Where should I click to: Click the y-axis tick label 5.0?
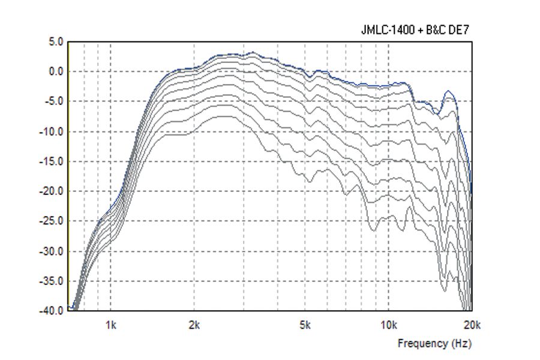(56, 42)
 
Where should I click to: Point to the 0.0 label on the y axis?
(56, 72)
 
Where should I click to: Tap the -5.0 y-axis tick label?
(54, 101)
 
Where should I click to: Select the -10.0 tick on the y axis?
(52, 131)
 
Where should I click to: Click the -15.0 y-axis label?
(52, 161)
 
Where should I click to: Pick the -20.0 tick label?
(52, 191)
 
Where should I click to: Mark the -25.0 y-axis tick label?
(52, 221)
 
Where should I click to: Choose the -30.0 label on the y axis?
(52, 251)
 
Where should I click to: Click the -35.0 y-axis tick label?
(52, 281)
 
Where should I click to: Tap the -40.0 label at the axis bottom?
(52, 311)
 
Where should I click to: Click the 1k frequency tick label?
(110, 326)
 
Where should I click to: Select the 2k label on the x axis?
(194, 326)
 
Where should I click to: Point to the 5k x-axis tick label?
(305, 326)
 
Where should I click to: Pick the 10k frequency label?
(388, 326)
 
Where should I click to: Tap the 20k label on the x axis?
(472, 326)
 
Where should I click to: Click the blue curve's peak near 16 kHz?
(448, 91)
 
